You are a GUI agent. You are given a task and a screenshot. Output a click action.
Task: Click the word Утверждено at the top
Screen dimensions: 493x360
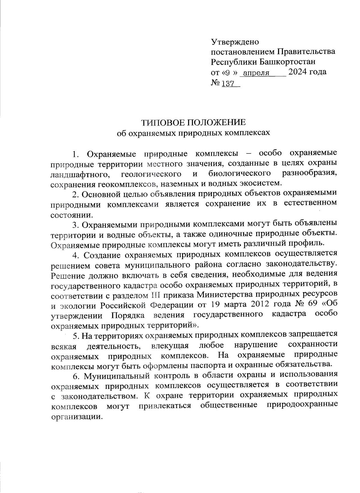[x=235, y=41]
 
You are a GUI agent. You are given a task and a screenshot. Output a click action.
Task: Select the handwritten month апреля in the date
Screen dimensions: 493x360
[x=256, y=73]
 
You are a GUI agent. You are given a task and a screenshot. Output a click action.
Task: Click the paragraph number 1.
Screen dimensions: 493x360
[x=75, y=155]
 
